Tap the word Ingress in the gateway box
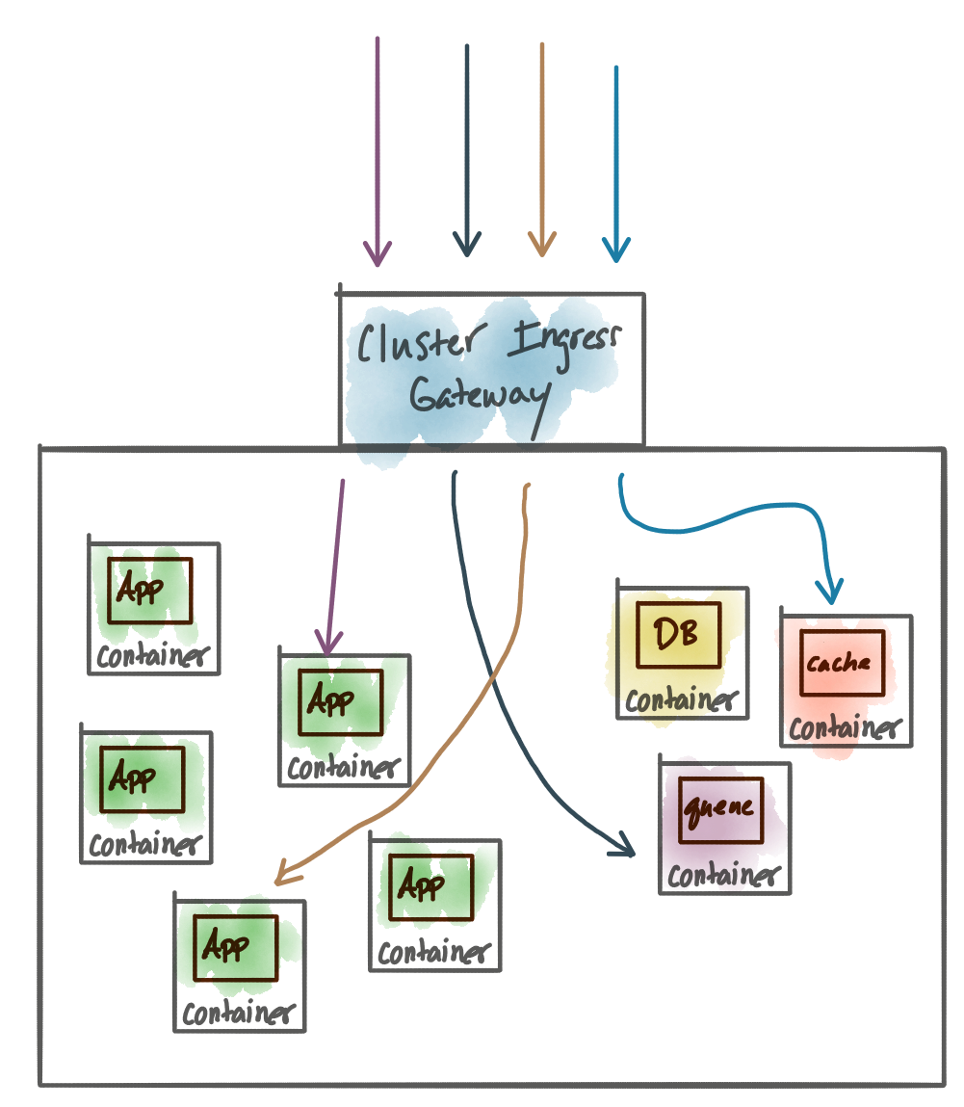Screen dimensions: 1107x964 click(x=566, y=340)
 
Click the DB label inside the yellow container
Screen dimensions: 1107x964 click(x=677, y=634)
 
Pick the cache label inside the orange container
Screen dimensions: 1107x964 click(x=840, y=664)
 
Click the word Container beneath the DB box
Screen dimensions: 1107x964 click(x=680, y=700)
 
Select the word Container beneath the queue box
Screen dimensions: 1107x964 click(x=722, y=876)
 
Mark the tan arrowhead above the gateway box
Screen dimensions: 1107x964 click(x=541, y=247)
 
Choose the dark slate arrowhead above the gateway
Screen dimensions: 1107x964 click(x=467, y=247)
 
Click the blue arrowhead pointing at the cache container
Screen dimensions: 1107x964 click(x=828, y=590)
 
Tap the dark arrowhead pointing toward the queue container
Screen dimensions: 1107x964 click(x=623, y=847)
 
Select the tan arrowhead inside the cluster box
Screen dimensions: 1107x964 click(x=284, y=873)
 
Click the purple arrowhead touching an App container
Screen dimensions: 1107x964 click(x=328, y=644)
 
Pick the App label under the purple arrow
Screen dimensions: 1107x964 click(x=330, y=700)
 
